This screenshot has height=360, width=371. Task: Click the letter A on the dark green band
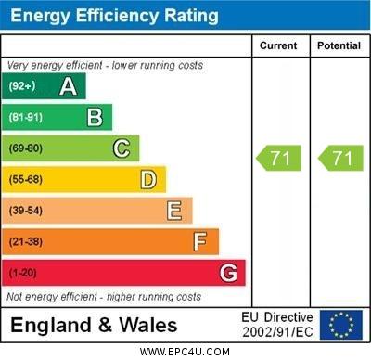(x=68, y=86)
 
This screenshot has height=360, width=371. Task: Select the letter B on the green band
(x=95, y=117)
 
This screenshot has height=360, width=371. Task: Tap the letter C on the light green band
(x=121, y=148)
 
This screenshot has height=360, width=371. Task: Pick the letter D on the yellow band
(x=147, y=179)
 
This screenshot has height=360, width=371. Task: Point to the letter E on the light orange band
(x=174, y=211)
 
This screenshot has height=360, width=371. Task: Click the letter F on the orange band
(x=200, y=242)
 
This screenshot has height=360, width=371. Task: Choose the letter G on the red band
(x=228, y=274)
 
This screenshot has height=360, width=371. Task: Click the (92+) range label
(x=23, y=86)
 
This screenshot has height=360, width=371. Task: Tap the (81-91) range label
(x=26, y=118)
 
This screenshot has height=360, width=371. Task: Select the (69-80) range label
(x=26, y=148)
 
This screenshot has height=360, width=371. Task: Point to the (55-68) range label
(x=26, y=180)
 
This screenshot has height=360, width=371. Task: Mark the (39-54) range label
(x=26, y=211)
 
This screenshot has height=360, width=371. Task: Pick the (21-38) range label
(x=26, y=242)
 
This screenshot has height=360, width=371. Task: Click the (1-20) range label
(x=23, y=274)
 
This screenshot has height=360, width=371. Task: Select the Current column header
(x=278, y=45)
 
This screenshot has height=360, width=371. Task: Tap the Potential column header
(x=339, y=45)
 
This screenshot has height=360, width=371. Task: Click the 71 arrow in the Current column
(x=279, y=159)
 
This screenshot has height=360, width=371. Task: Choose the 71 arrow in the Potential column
(x=340, y=159)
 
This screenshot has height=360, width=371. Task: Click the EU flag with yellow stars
(x=340, y=325)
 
